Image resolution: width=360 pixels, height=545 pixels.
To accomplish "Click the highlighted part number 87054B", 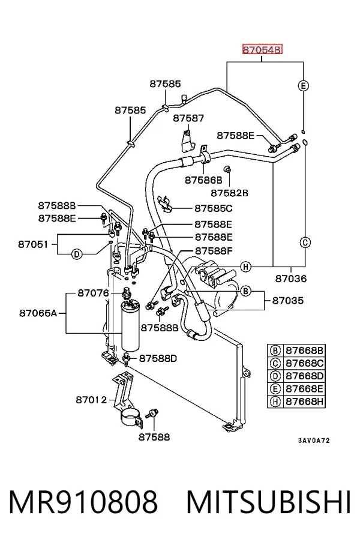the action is (x=262, y=50).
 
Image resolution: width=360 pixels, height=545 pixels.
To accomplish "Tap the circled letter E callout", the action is (x=304, y=85).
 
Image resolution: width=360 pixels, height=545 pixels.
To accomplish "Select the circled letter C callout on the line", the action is (x=305, y=242).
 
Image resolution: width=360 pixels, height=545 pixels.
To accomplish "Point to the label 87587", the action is (x=188, y=118).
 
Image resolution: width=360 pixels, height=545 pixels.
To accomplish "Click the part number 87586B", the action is (x=203, y=180).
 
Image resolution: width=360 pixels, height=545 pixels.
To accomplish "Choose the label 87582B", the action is (x=229, y=193).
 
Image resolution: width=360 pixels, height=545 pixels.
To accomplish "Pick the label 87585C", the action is (x=214, y=208).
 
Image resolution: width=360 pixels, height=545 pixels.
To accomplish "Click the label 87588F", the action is (x=214, y=251).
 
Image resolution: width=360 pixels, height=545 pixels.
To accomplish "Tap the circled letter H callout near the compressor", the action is (x=245, y=267).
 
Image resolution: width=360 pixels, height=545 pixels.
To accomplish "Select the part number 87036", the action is (x=291, y=279).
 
